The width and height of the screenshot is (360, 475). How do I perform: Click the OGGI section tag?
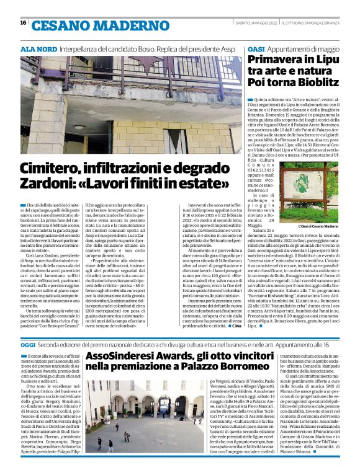(29, 344)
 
